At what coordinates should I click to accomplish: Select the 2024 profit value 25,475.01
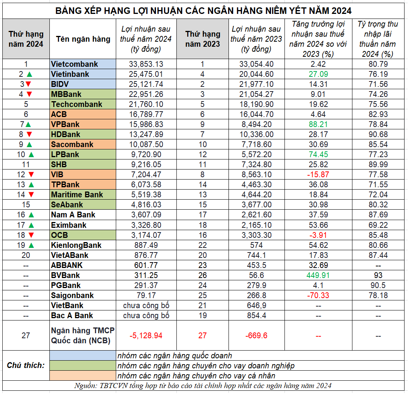click(x=146, y=74)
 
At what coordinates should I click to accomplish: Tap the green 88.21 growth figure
click(x=318, y=124)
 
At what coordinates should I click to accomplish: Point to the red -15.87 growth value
click(x=318, y=175)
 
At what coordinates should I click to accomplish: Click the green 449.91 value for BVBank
click(x=318, y=275)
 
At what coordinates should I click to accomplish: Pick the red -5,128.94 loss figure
click(x=146, y=335)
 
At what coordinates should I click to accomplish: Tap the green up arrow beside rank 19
click(x=31, y=245)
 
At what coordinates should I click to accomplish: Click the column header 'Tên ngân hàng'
click(x=83, y=39)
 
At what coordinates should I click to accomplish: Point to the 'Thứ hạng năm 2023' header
click(x=203, y=39)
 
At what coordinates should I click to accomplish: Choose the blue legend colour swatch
click(x=83, y=356)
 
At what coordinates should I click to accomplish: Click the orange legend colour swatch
click(x=83, y=375)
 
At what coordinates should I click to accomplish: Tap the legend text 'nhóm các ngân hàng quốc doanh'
click(x=174, y=356)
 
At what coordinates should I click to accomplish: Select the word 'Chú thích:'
click(x=25, y=365)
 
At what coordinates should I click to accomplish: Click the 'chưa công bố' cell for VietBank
click(x=146, y=305)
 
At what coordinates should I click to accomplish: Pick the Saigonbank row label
click(x=72, y=295)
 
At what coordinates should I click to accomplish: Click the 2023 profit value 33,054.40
click(x=256, y=64)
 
